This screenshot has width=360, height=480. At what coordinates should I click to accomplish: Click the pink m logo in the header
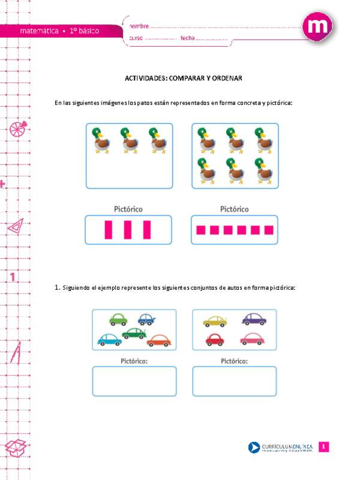319,28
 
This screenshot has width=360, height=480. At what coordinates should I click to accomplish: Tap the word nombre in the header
139,26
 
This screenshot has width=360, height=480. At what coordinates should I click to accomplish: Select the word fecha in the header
188,38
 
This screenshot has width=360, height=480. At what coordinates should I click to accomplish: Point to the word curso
137,38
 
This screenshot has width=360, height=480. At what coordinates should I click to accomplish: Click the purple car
254,319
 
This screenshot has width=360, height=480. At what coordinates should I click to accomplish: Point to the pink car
252,340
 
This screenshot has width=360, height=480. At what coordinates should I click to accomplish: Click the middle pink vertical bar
128,230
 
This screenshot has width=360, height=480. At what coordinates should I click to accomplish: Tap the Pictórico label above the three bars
128,209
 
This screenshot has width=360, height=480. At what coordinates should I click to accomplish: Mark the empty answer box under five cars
134,381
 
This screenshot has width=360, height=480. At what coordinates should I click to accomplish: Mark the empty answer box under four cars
234,381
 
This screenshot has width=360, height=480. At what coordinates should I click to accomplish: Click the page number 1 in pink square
323,447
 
